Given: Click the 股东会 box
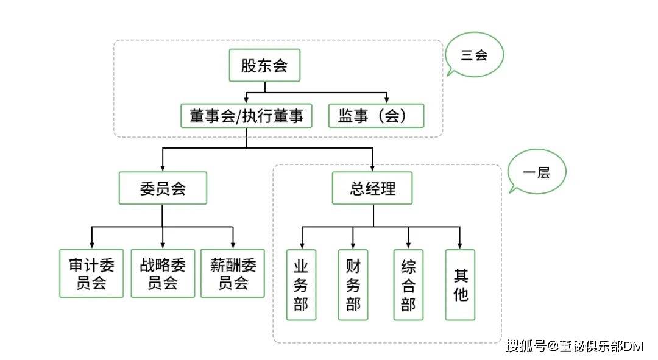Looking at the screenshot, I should point(264,66).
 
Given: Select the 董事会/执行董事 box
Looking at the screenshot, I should point(246,116).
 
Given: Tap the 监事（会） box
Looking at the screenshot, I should point(376,116).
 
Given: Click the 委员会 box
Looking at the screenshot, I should point(163,188).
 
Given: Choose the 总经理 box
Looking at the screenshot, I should point(372,188).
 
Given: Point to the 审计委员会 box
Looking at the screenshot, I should point(91,273).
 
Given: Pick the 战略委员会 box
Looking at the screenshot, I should point(163,273).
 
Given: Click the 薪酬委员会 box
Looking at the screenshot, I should point(233,273).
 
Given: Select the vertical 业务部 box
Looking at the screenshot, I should point(301,285).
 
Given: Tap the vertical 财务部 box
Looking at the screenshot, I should point(353,285).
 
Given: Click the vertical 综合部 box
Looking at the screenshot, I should point(408,285).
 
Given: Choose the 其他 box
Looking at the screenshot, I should point(460,285).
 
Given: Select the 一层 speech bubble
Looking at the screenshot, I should point(537,172).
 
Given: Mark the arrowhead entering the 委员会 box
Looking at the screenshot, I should point(163,168).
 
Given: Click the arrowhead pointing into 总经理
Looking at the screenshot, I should point(372,168).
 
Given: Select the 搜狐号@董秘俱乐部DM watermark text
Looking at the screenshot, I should point(575,347).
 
